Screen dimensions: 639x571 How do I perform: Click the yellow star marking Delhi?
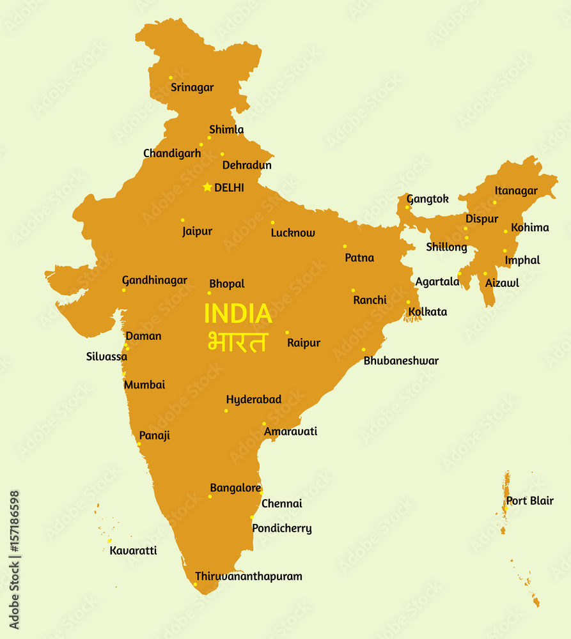coord(207,187)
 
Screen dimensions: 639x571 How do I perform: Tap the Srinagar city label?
coord(192,88)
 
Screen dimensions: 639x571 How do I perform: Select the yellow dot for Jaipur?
coord(182,220)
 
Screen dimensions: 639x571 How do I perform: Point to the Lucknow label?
coord(293,233)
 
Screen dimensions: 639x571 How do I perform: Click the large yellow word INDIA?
coord(238,314)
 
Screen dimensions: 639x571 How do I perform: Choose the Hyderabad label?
coord(253,400)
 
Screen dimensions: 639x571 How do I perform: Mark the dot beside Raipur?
coord(287,332)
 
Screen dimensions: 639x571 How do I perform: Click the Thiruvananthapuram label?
coord(248,576)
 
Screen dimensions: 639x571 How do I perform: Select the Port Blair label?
coord(530,501)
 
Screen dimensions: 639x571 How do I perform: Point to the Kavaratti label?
coord(133,551)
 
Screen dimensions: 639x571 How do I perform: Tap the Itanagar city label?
coord(516,191)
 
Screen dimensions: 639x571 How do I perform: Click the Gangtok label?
coord(428,199)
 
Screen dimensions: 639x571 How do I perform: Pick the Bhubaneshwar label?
coord(401,361)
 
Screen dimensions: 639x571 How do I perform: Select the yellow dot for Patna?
coord(345,246)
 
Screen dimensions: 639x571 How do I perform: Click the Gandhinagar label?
coord(155,281)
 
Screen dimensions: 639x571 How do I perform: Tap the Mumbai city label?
coord(145,385)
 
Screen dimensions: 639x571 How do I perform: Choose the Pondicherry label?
coord(282,528)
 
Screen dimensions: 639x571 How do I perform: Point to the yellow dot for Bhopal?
coord(209,293)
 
